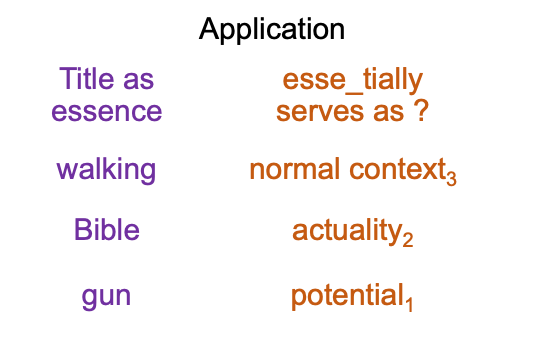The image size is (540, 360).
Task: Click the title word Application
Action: point(272,30)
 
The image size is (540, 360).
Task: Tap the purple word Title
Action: point(86,79)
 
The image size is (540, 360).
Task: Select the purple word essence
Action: point(107,111)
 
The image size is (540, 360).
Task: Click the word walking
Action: point(106,170)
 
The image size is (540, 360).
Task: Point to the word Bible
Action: point(107,229)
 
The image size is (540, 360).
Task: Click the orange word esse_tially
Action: point(352,80)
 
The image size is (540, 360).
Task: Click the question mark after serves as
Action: point(421,110)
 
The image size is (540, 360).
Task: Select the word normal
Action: point(295,169)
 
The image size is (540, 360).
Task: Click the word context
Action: point(398,169)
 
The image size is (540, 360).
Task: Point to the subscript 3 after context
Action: point(451,179)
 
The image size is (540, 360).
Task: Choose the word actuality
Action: point(347,232)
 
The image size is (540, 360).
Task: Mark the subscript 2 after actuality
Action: point(407,239)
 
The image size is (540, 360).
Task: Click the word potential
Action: point(347,296)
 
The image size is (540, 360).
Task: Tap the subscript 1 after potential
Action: point(409,305)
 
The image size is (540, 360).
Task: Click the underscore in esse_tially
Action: point(354,92)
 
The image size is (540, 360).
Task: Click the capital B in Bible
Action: point(82,229)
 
